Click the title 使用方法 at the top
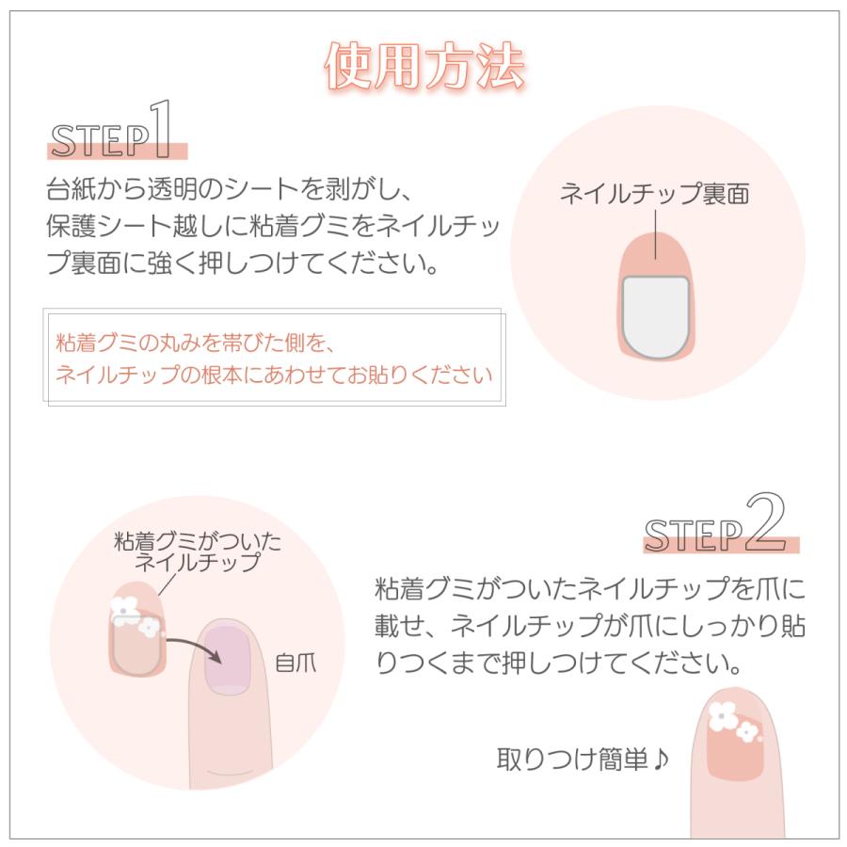(423, 65)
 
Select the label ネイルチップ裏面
(655, 195)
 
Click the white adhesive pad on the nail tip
(655, 315)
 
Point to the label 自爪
(296, 663)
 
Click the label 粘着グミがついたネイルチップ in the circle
(197, 552)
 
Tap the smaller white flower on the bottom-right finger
(747, 730)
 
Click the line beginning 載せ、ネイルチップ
(590, 626)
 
